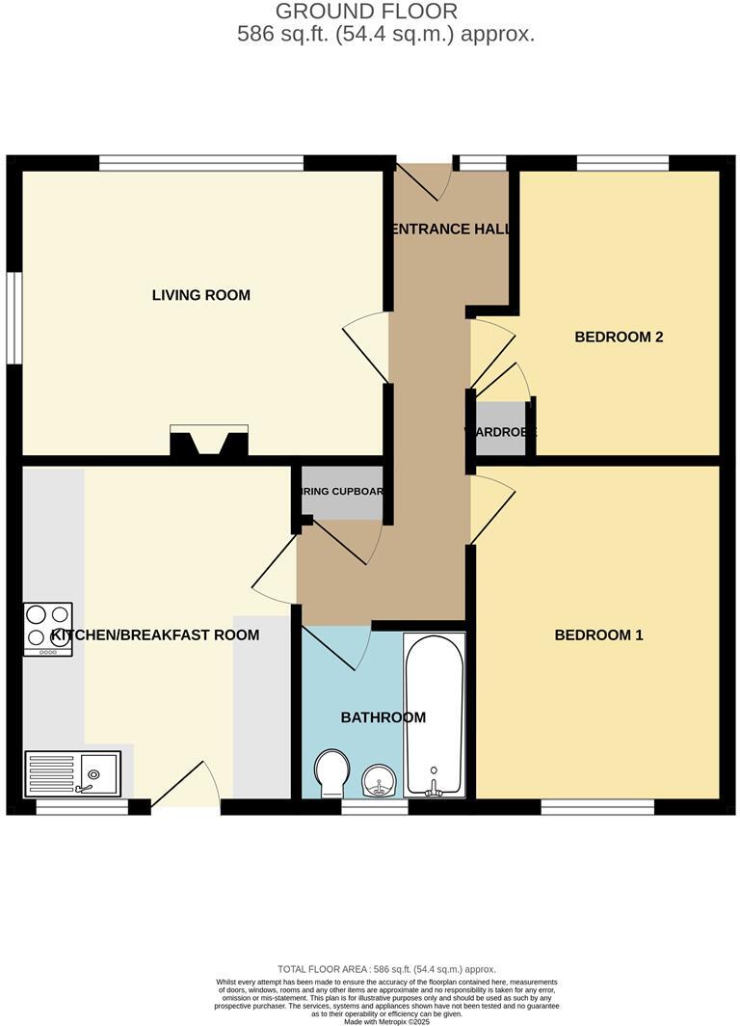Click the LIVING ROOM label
201,295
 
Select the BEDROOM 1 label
598,634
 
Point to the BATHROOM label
383,717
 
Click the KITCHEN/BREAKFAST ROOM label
155,634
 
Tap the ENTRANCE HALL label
451,229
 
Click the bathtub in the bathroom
435,714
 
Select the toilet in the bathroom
332,772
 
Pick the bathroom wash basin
379,780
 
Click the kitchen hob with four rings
48,629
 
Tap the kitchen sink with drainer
73,773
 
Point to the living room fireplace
209,441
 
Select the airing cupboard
343,493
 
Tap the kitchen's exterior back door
186,785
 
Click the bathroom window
375,808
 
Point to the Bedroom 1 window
597,807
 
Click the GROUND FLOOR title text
366,12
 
